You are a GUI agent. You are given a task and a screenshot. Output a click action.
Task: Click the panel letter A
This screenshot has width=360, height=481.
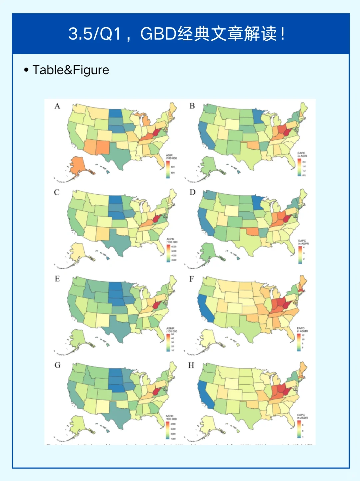57,106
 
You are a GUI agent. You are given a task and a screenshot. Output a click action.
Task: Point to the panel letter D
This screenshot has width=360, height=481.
192,192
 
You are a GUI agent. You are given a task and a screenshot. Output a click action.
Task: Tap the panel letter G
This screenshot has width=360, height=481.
57,365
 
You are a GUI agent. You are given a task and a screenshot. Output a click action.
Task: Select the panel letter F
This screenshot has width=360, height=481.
192,279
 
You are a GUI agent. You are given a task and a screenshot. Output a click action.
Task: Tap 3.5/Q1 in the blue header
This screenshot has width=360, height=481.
94,34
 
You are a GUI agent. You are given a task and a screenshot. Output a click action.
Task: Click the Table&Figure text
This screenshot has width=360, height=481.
71,70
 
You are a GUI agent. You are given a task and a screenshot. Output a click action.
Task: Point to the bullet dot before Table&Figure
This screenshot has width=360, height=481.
26,70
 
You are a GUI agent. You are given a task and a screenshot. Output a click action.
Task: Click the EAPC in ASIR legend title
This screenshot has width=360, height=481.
302,154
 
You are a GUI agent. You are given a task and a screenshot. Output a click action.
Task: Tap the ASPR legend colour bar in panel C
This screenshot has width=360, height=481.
168,253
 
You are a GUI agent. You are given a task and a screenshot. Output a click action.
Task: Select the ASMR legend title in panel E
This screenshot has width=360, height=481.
171,330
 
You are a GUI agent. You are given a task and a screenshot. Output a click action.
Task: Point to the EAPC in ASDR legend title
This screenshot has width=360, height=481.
302,416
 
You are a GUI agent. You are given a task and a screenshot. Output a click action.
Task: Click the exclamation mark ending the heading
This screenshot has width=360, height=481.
283,34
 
